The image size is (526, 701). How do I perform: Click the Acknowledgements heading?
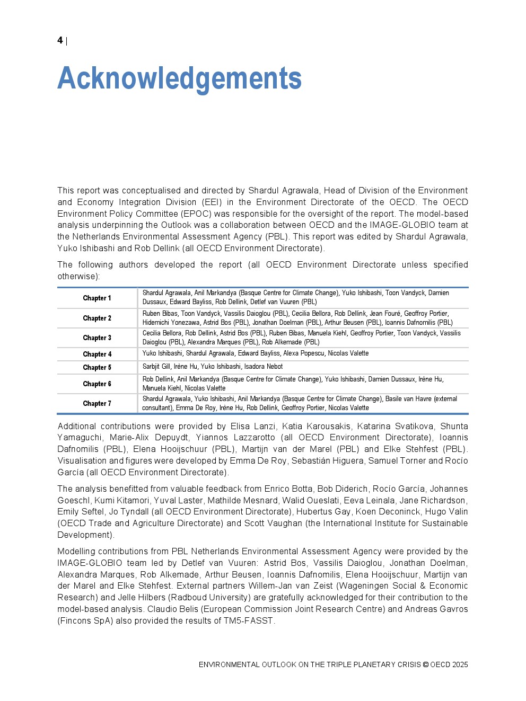[x=179, y=78]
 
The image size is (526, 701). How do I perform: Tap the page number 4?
[x=60, y=40]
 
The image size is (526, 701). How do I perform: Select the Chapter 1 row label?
[x=97, y=298]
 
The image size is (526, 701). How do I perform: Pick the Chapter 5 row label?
[x=97, y=368]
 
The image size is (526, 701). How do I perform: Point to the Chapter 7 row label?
[x=97, y=404]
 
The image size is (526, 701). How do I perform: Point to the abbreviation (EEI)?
[x=212, y=202]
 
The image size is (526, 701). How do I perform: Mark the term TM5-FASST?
[x=248, y=620]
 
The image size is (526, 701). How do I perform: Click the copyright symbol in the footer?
[x=425, y=664]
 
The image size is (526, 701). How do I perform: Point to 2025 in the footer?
[x=460, y=664]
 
